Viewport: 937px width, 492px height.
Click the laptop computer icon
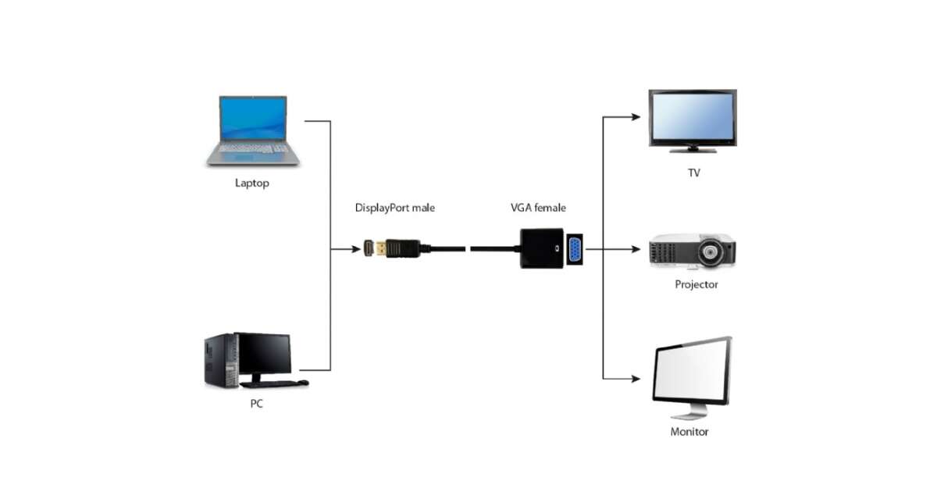(252, 130)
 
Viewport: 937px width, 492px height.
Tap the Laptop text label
(252, 184)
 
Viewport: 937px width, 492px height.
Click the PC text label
(256, 404)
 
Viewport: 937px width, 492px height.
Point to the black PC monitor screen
(265, 353)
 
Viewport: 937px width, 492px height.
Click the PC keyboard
(269, 384)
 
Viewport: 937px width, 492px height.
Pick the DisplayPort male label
(395, 208)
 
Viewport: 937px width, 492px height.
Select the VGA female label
(538, 208)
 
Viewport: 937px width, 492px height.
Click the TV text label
(693, 173)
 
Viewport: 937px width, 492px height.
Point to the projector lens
(710, 252)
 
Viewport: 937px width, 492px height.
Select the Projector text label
(696, 284)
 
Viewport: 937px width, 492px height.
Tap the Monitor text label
(689, 431)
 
